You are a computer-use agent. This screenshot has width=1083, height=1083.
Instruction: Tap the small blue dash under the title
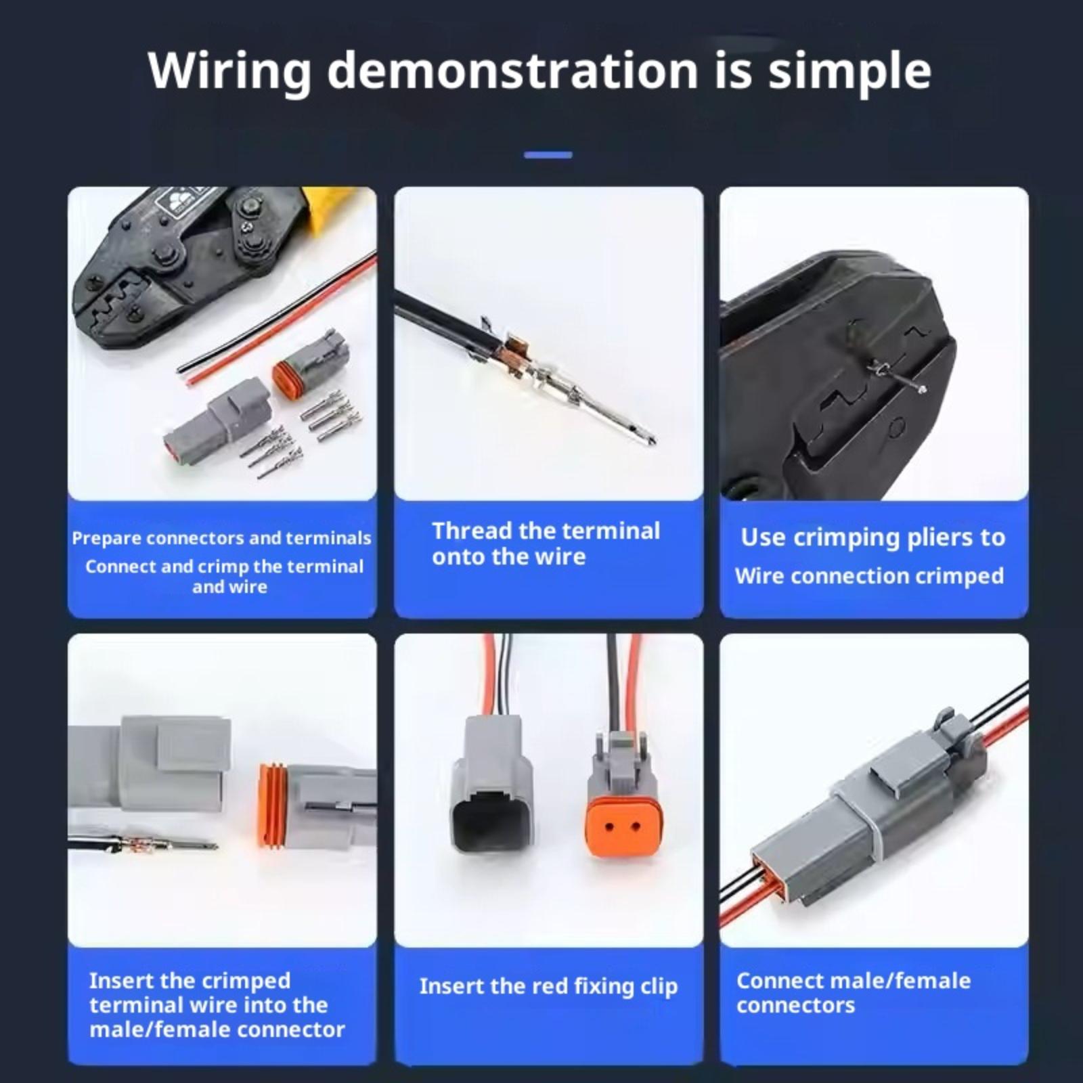[548, 155]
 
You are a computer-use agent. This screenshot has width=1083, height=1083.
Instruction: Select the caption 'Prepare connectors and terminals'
[221, 538]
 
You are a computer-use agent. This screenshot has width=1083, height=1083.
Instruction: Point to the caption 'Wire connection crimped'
[870, 576]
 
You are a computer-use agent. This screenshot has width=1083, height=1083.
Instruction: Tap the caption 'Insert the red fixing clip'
[548, 986]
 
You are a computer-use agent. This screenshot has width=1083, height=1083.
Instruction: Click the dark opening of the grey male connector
[491, 818]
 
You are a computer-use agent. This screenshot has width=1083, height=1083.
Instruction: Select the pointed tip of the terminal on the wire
[653, 441]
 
